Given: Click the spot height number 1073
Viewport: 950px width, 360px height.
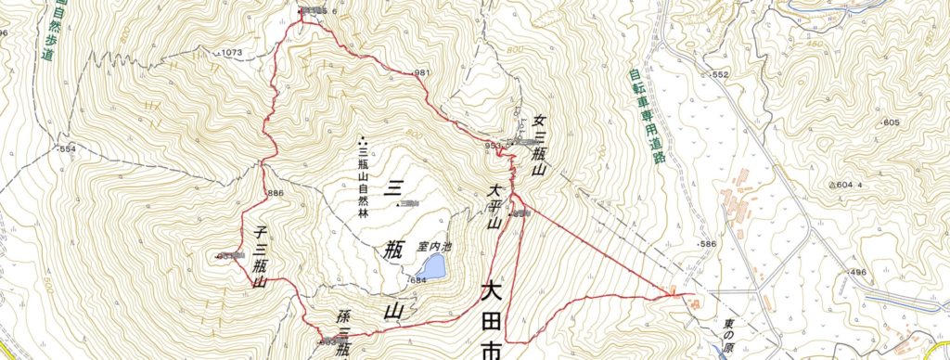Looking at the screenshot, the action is (232, 53).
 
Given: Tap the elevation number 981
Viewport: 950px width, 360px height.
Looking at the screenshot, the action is (426, 73).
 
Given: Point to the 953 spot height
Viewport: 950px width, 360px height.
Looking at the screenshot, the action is (492, 146).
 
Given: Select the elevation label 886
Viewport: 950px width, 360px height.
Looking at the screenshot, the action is (274, 193).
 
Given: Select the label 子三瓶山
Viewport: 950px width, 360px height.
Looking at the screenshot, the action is (260, 256).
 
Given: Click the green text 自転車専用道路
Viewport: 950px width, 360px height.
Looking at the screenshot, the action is (635, 115).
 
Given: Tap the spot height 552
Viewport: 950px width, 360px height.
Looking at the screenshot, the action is (720, 74).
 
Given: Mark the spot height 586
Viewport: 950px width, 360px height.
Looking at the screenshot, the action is (709, 244).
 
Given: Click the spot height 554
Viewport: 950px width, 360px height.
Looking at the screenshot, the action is (68, 148).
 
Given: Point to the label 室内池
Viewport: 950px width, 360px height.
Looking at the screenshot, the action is (435, 248).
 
